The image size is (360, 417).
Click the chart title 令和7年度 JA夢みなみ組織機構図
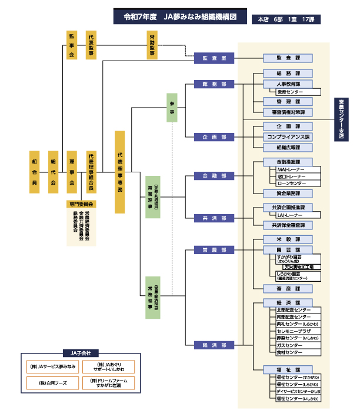pos(180,18)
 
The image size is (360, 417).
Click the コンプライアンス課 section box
pos(288,136)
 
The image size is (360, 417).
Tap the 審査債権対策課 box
pos(288,112)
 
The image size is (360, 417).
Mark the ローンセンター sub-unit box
pos(298,183)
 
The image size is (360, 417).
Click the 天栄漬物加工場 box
pos(302,266)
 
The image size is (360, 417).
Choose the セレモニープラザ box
pos(298,331)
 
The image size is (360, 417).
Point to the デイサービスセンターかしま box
pos(298,391)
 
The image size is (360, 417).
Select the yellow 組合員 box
pos(34,172)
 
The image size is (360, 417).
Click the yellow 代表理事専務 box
pos(119,172)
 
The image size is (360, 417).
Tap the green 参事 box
pos(172,108)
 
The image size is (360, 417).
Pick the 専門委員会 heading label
pos(81,204)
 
